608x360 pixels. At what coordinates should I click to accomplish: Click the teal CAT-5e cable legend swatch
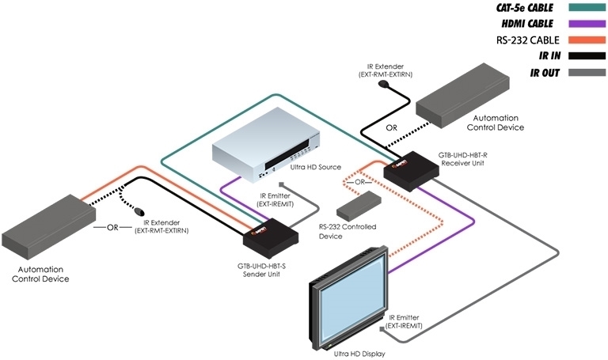tap(585, 10)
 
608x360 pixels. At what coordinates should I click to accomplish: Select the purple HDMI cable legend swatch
tap(585, 25)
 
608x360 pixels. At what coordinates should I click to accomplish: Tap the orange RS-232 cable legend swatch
tap(585, 40)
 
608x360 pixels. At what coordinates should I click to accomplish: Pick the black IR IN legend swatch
tap(585, 55)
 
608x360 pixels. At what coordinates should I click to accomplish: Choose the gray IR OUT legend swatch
tap(585, 71)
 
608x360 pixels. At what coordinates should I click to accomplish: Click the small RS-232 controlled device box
tap(357, 209)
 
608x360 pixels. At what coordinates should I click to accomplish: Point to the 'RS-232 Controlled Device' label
tap(345, 231)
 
